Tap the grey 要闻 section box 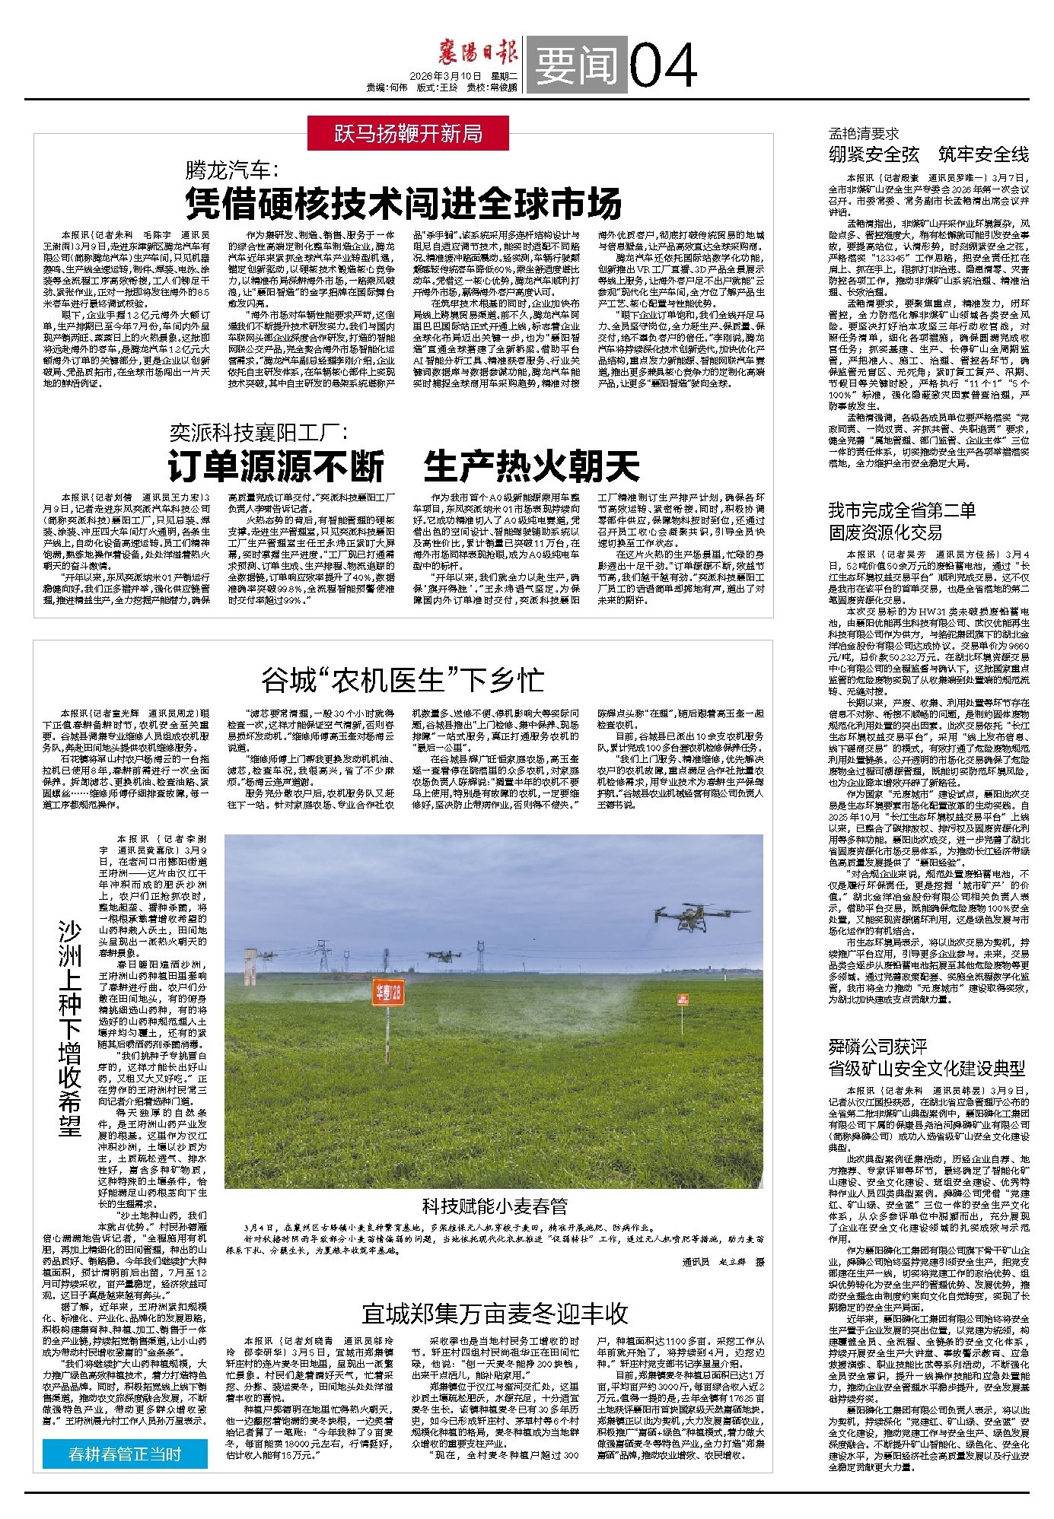(x=576, y=66)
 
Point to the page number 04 (x=664, y=66)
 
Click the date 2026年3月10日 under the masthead (x=446, y=77)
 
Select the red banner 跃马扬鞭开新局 (x=409, y=134)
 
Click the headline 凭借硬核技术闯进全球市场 (x=404, y=203)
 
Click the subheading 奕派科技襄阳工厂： (x=258, y=433)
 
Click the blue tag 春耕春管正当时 (x=124, y=1455)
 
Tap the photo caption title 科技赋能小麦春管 (x=495, y=1206)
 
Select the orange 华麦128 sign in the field (x=389, y=992)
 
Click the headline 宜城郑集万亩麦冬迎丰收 (x=495, y=1313)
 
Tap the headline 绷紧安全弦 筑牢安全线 (x=928, y=155)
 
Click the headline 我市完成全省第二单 (x=902, y=510)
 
